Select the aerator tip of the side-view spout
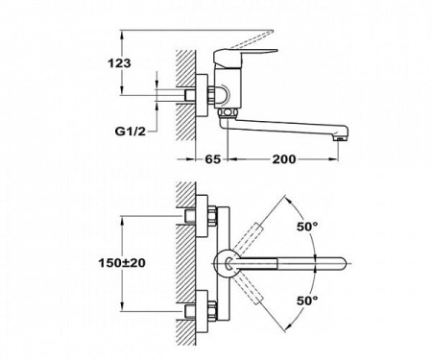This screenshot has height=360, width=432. coord(338,139)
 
